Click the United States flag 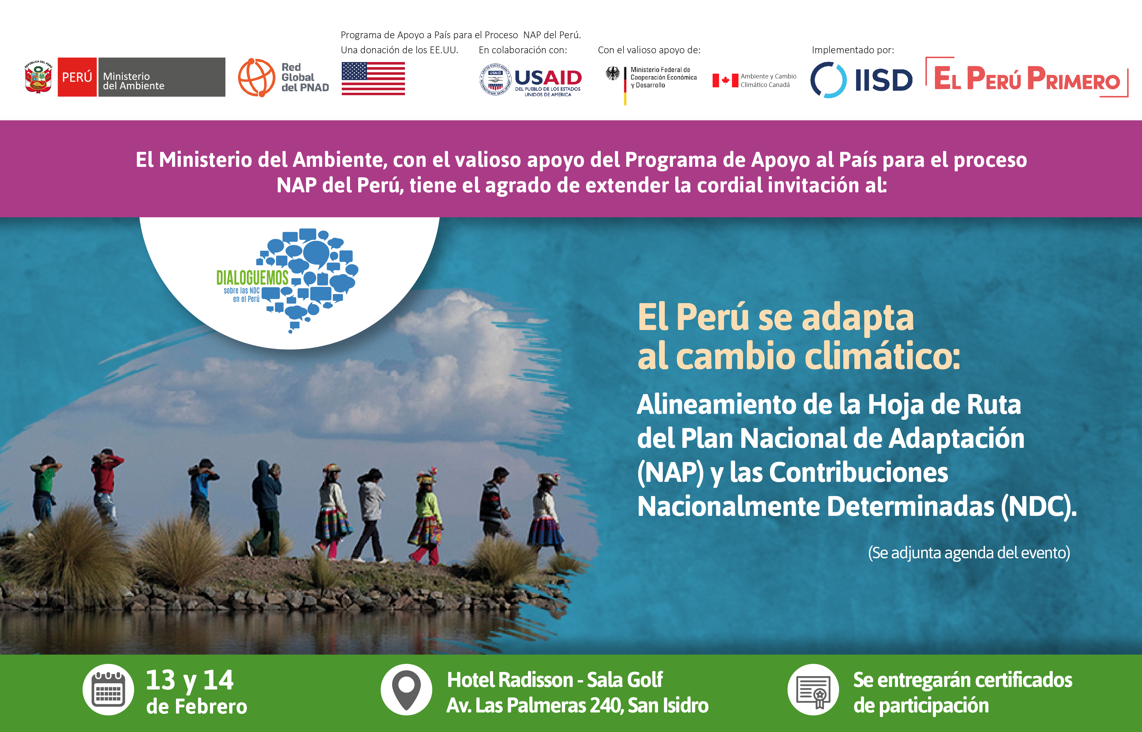[x=373, y=78]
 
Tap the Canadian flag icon [x=725, y=80]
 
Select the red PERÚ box [x=77, y=77]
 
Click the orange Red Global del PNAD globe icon [x=256, y=78]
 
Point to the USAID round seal [x=495, y=79]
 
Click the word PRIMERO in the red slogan [x=1073, y=79]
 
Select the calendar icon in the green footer [x=109, y=689]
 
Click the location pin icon [x=406, y=689]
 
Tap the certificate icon [x=813, y=689]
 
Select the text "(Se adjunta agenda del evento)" [x=969, y=553]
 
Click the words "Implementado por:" [x=852, y=50]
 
